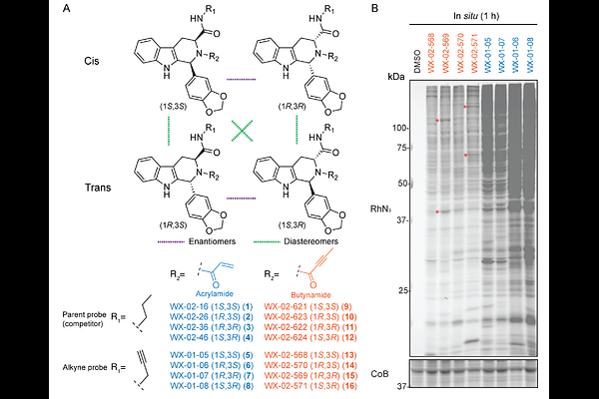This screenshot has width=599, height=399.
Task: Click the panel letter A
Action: [66, 9]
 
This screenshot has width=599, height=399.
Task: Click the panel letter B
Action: [374, 9]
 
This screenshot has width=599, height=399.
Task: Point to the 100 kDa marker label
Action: [401, 128]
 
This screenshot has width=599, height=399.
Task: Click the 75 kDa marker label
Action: [404, 148]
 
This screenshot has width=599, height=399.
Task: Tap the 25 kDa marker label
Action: [404, 291]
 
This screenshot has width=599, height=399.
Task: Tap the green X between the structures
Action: [241, 131]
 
